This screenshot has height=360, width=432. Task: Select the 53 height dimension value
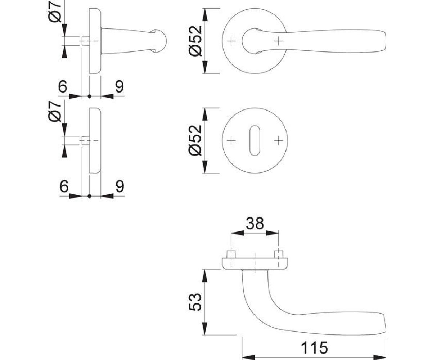point(195,302)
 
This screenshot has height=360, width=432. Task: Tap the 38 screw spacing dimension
point(255,223)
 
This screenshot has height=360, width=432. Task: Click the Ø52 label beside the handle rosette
point(195,41)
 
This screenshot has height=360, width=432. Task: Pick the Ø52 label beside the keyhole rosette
point(195,140)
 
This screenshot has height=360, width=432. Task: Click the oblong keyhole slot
point(255,140)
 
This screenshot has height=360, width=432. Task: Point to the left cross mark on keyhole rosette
point(231,141)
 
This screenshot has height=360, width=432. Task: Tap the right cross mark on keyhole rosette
point(279,141)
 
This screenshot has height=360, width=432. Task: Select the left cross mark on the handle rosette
point(231,41)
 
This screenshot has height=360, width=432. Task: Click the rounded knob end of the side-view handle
point(160,41)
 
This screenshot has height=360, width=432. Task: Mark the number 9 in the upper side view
point(120,86)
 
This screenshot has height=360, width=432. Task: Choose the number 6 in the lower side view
point(64,186)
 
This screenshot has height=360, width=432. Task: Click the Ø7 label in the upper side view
point(55,12)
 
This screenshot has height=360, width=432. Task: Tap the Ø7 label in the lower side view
point(55,111)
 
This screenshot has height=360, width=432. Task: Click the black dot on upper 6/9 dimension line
point(89,96)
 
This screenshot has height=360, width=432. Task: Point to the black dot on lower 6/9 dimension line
point(89,196)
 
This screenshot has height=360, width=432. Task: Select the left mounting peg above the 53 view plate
point(231,254)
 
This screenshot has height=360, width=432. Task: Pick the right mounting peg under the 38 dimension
point(279,254)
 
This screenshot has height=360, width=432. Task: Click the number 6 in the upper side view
point(63,86)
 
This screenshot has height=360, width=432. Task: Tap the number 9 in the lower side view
point(120,186)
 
